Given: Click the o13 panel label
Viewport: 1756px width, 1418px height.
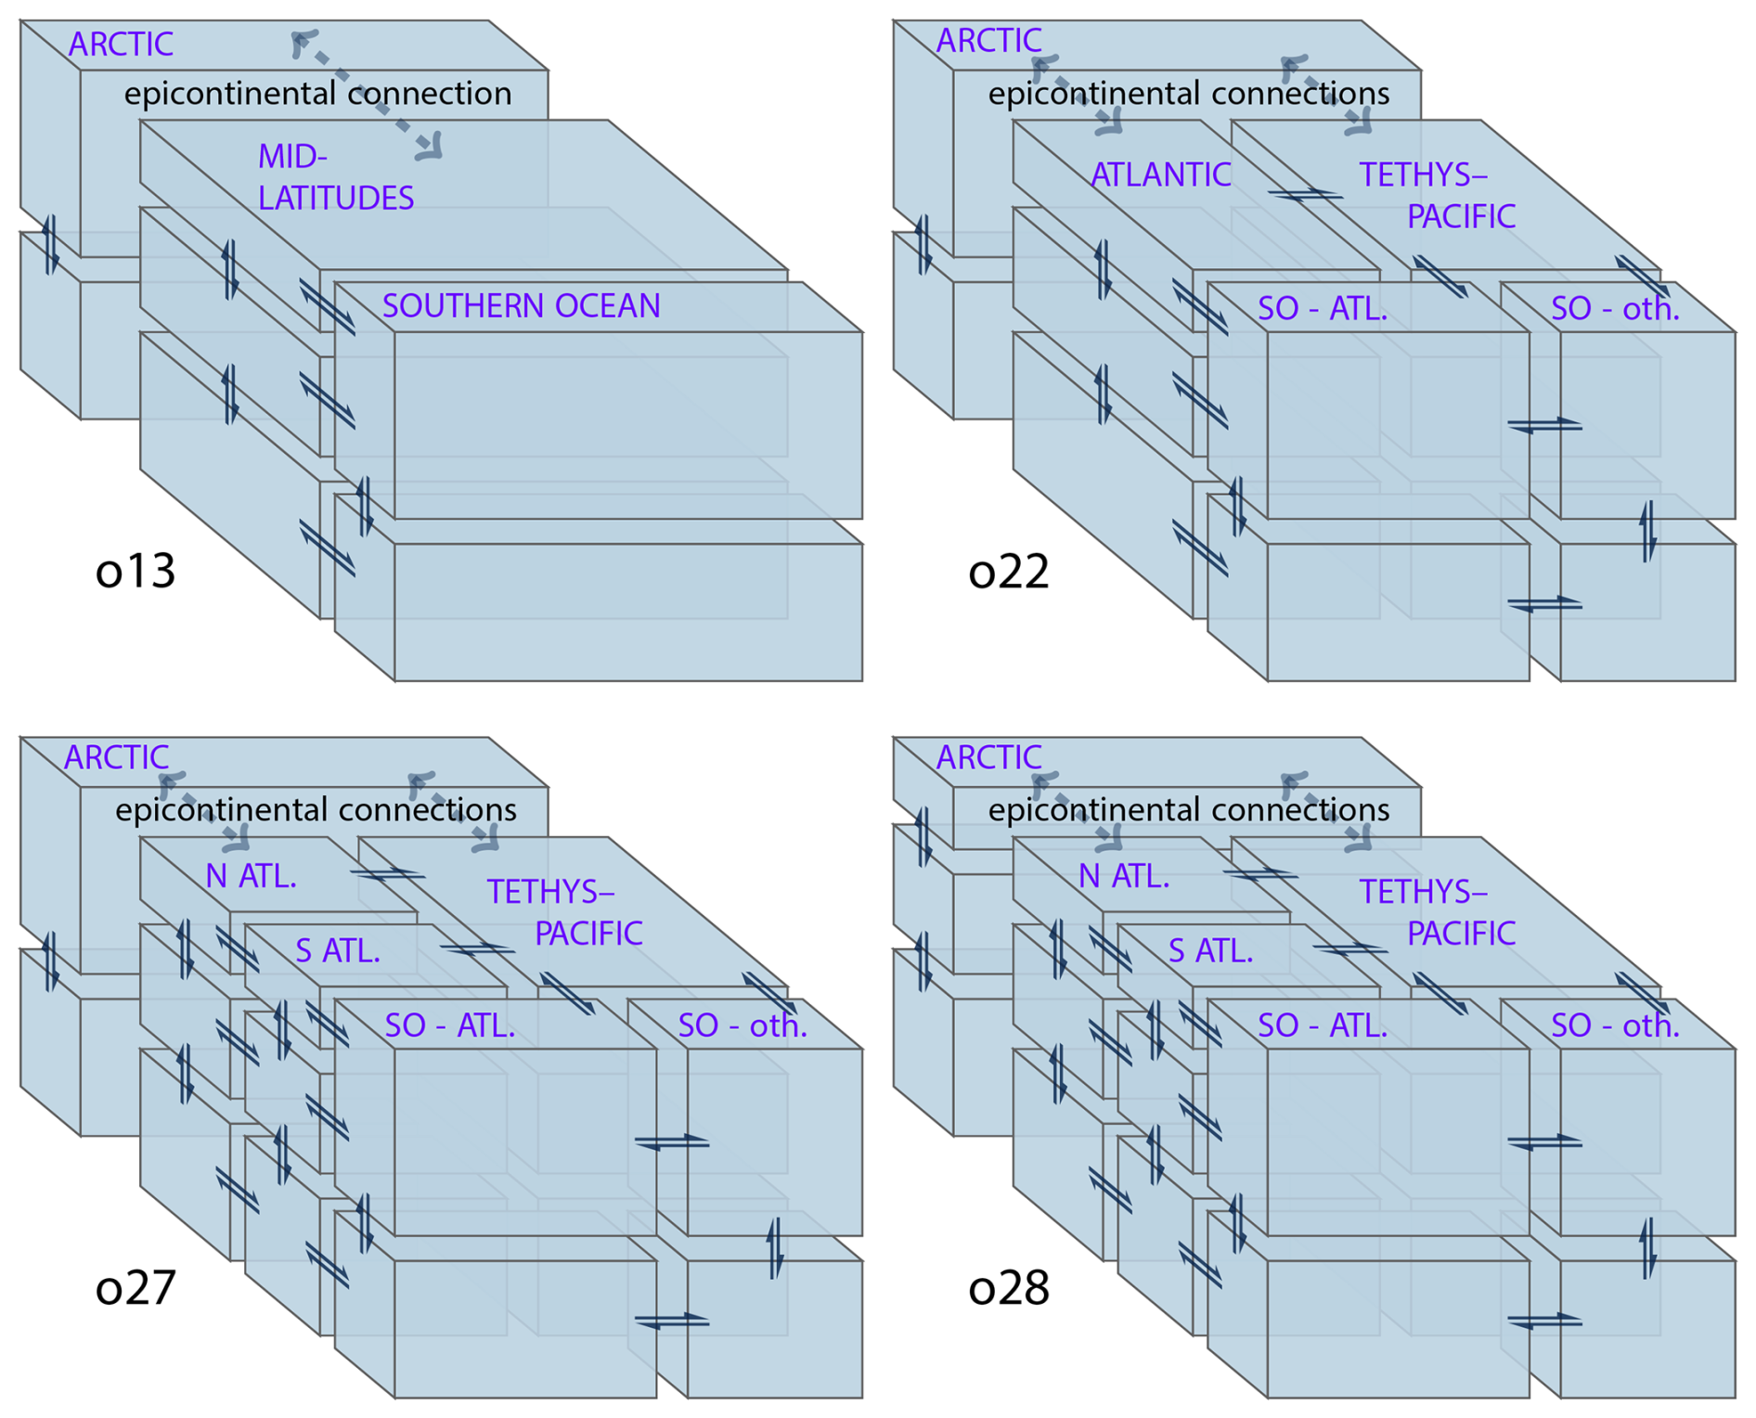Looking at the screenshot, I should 136,571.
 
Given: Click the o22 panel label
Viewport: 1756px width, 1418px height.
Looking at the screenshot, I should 1008,571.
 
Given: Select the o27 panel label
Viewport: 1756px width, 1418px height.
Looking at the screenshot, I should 136,1287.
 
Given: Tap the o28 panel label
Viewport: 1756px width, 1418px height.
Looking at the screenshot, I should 1008,1287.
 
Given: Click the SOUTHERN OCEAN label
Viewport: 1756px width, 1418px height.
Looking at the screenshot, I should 521,306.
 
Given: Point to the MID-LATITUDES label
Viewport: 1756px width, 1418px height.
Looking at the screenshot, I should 335,177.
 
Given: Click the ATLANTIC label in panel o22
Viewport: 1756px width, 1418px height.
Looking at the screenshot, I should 1160,174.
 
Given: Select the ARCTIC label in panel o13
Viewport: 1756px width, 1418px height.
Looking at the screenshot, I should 121,44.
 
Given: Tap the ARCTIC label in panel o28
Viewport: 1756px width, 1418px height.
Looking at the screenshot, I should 988,757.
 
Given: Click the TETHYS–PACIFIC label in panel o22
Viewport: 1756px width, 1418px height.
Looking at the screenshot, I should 1437,195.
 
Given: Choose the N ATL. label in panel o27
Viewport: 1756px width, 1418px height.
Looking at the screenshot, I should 251,875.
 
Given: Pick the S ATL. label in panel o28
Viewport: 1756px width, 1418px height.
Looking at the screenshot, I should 1210,950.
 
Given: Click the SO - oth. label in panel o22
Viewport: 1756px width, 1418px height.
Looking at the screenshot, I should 1615,308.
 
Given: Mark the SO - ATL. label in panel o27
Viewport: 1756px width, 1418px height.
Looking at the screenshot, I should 449,1025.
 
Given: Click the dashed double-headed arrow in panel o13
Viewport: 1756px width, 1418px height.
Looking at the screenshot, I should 367,95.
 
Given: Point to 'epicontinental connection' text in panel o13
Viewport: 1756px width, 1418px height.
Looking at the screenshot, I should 317,94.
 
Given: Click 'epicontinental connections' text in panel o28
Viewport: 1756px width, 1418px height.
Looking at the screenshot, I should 1188,810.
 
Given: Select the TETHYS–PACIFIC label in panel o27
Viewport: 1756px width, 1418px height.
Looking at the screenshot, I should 564,912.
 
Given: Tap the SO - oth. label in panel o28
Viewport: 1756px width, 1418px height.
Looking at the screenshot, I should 1615,1025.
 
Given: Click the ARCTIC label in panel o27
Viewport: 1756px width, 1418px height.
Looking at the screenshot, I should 116,757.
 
